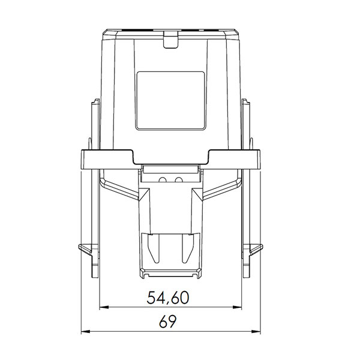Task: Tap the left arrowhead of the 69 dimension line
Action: [x=84, y=331]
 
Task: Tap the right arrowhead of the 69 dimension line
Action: [x=259, y=331]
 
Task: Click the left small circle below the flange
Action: [x=163, y=180]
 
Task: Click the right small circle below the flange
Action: [x=178, y=180]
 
